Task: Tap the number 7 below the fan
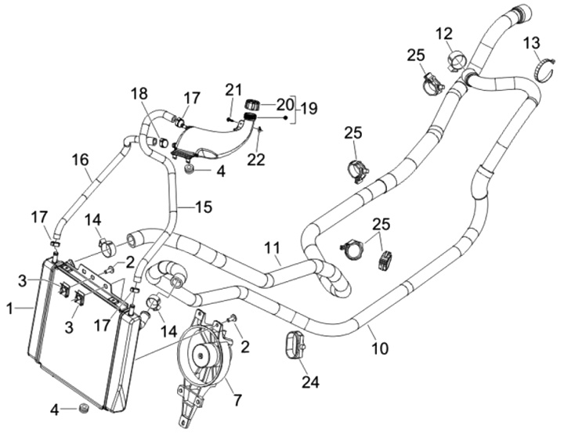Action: pyautogui.click(x=237, y=402)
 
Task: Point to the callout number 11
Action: pyautogui.click(x=272, y=250)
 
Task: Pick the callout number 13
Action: pyautogui.click(x=531, y=41)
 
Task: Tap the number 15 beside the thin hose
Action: pyautogui.click(x=203, y=207)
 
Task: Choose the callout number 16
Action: pyautogui.click(x=80, y=160)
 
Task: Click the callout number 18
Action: pyautogui.click(x=139, y=94)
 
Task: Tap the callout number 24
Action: pyautogui.click(x=310, y=383)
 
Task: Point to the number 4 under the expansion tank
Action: pyautogui.click(x=221, y=171)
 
